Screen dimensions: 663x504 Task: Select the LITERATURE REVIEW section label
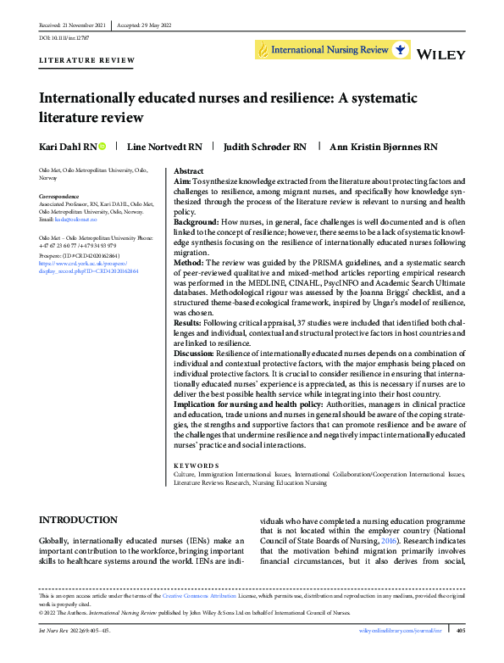tap(87, 60)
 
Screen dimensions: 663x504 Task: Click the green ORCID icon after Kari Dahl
tap(102, 146)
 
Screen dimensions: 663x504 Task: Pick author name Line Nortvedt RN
tap(164, 146)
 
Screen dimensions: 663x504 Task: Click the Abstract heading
tap(189, 170)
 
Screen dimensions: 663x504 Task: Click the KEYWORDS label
tap(196, 465)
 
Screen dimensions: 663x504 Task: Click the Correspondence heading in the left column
tap(63, 196)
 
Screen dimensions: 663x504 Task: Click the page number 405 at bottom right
tap(461, 631)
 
